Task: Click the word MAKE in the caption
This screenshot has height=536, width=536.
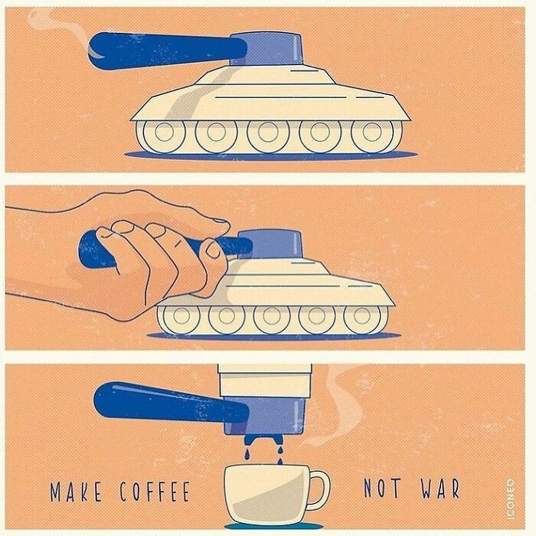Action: pos(76,492)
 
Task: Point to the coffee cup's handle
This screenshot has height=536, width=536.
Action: pos(319,490)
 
